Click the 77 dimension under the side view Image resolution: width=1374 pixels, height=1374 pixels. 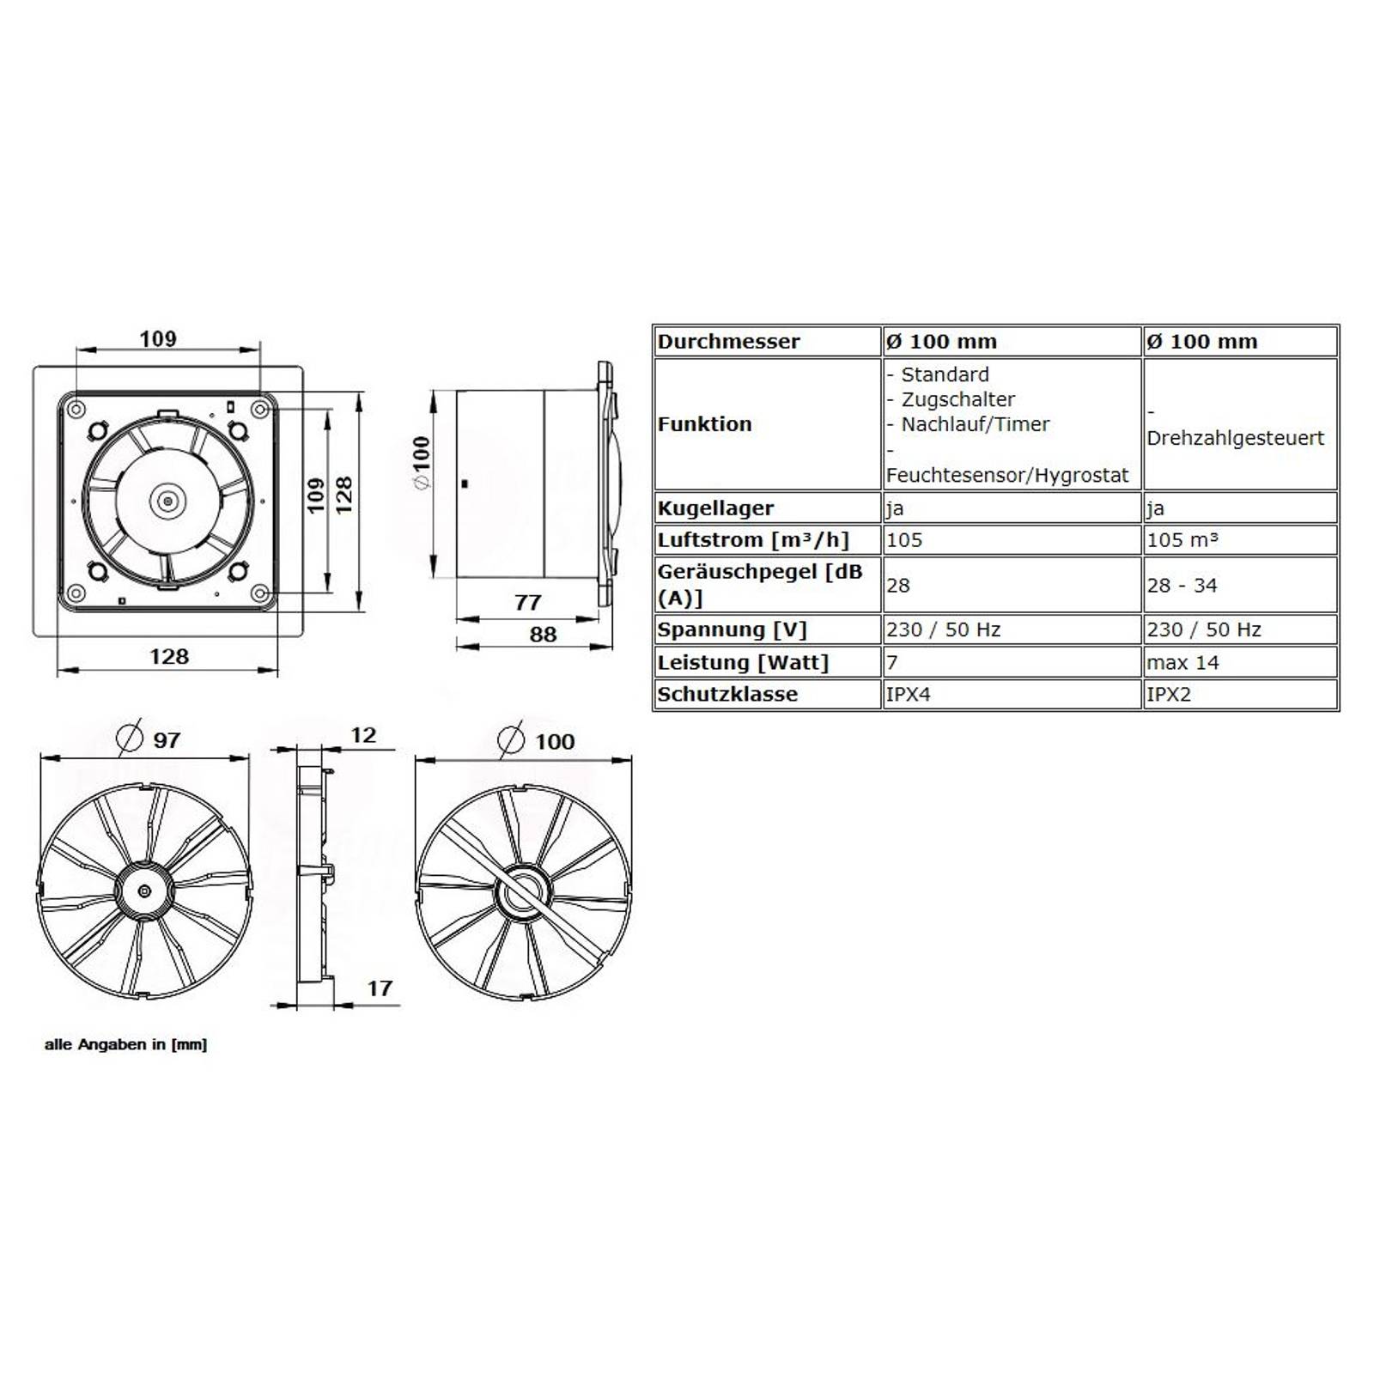pyautogui.click(x=527, y=602)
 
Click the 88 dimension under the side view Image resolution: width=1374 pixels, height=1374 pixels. pyautogui.click(x=543, y=635)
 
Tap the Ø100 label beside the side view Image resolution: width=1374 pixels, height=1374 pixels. pyautogui.click(x=422, y=464)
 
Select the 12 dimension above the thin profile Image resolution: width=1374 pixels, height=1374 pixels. pyautogui.click(x=363, y=735)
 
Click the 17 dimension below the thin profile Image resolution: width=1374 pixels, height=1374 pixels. pyautogui.click(x=380, y=988)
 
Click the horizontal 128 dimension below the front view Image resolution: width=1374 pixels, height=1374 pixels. pyautogui.click(x=168, y=657)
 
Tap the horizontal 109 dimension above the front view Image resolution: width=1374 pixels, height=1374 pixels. pyautogui.click(x=158, y=339)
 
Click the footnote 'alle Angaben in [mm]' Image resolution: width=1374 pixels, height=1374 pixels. pyautogui.click(x=125, y=1044)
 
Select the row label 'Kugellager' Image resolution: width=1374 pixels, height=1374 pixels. pyautogui.click(x=715, y=508)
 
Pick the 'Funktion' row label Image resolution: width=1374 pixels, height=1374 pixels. pyautogui.click(x=704, y=424)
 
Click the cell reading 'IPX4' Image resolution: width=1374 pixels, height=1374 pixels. pyautogui.click(x=908, y=695)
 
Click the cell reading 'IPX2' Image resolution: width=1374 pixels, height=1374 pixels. pyautogui.click(x=1169, y=695)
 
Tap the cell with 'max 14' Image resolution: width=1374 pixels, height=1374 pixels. pyautogui.click(x=1182, y=663)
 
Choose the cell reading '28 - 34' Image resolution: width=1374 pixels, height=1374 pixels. pyautogui.click(x=1182, y=586)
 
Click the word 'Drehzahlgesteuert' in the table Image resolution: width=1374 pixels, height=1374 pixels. pyautogui.click(x=1235, y=438)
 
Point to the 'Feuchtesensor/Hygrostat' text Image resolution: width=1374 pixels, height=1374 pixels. pyautogui.click(x=1006, y=476)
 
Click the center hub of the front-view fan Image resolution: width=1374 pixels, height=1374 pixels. pyautogui.click(x=167, y=502)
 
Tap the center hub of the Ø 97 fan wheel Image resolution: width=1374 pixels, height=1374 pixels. pyautogui.click(x=143, y=891)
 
